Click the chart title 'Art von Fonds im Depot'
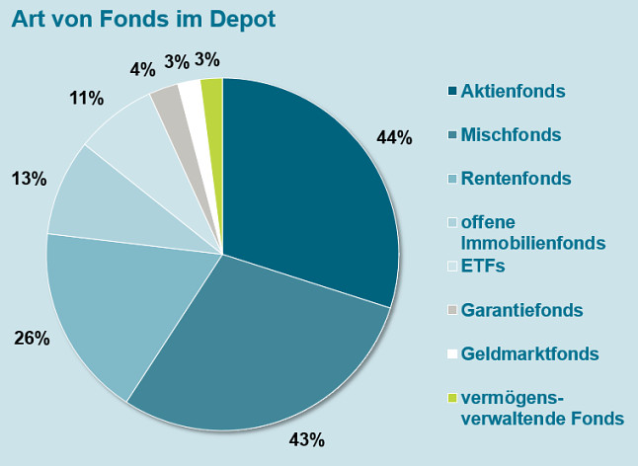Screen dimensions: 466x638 click(x=143, y=20)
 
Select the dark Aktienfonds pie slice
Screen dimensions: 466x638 click(x=306, y=188)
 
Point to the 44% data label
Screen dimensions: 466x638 click(x=394, y=137)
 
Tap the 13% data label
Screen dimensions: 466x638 click(x=30, y=179)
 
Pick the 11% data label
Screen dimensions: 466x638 click(x=87, y=98)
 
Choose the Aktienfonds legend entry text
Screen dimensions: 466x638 click(x=513, y=91)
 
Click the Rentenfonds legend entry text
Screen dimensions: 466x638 click(x=517, y=179)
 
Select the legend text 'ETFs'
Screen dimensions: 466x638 click(x=483, y=266)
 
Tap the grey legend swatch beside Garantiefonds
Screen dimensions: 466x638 click(x=452, y=311)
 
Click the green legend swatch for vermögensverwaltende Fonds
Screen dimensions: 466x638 click(x=452, y=398)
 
